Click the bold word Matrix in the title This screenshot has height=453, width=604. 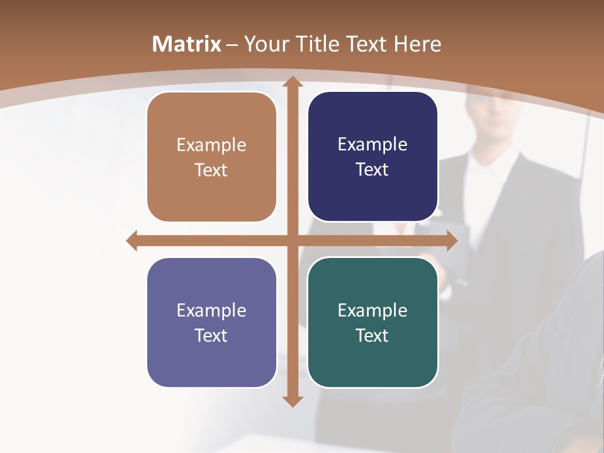click(186, 44)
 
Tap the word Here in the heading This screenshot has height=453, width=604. click(418, 44)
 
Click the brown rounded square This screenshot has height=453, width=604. click(211, 157)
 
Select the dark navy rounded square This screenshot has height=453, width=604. click(372, 157)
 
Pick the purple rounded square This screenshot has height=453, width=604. click(211, 322)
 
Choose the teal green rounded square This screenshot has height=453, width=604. click(372, 322)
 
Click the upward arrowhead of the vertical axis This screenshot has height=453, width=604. click(292, 82)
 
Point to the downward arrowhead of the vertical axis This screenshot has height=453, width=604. click(292, 401)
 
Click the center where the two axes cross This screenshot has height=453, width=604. click(292, 241)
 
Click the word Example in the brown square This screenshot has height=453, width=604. click(211, 145)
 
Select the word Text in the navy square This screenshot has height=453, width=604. click(372, 170)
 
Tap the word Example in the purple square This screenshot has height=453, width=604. click(211, 311)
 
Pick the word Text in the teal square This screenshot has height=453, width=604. click(372, 336)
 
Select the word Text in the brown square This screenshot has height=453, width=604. click(211, 171)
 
